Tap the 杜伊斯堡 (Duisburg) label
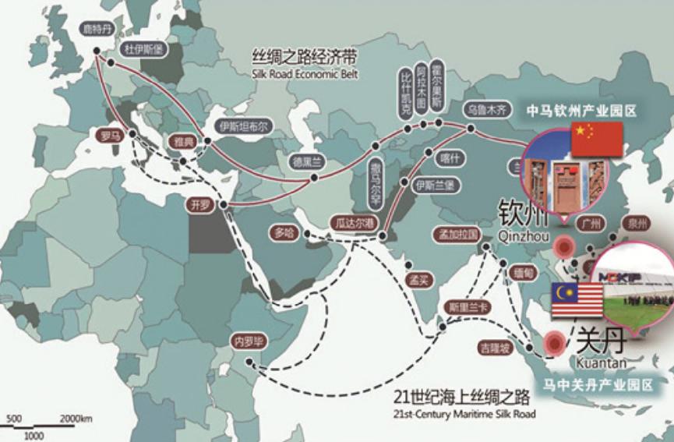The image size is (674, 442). (x=141, y=48)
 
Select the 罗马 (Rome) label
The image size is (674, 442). (x=110, y=134)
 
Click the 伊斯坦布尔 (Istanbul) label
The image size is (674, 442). (x=244, y=126)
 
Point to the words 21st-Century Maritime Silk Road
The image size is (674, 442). (x=465, y=413)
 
